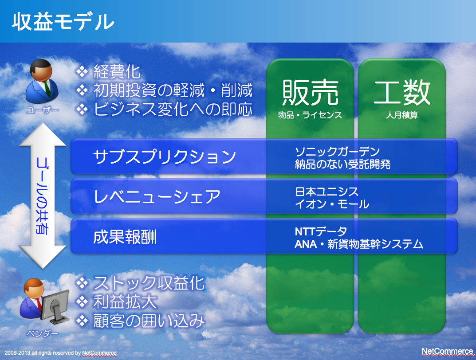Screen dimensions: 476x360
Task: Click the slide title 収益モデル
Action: click(x=63, y=22)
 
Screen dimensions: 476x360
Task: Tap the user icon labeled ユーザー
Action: click(x=42, y=81)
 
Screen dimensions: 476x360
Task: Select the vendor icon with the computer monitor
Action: click(x=44, y=301)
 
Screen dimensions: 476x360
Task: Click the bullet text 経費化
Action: click(x=117, y=72)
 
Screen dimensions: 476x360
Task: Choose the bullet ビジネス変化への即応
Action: click(x=173, y=109)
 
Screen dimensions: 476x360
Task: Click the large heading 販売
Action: click(x=310, y=93)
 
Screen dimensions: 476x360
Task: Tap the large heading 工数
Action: click(x=402, y=93)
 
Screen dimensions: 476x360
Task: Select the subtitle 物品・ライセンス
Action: click(x=310, y=115)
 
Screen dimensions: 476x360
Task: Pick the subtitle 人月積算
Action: click(x=402, y=115)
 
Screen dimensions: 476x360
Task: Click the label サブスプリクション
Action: click(x=164, y=157)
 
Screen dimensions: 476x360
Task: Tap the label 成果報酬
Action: click(x=125, y=237)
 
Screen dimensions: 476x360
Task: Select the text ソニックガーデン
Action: click(x=337, y=151)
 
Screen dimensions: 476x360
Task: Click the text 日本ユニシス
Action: click(x=327, y=192)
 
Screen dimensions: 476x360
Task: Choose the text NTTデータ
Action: click(x=321, y=231)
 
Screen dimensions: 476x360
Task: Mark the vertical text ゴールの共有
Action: click(x=42, y=196)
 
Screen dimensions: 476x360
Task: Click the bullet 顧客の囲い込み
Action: click(x=149, y=321)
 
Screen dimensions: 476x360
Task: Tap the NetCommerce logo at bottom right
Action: click(x=447, y=351)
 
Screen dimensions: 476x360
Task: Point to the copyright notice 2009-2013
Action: click(x=60, y=353)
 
